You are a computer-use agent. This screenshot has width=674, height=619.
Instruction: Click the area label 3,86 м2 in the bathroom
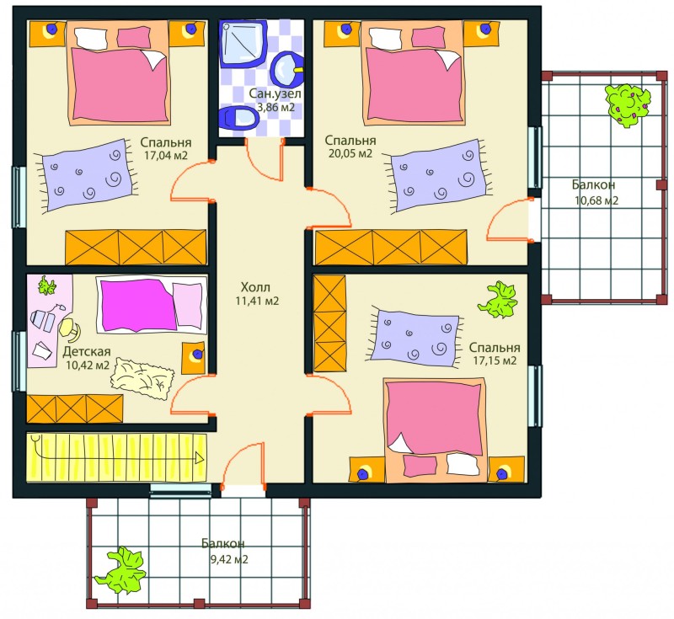pyautogui.click(x=275, y=108)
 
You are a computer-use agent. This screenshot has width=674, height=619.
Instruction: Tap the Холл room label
pyautogui.click(x=255, y=287)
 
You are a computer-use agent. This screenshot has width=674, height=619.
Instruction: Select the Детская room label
pyautogui.click(x=87, y=352)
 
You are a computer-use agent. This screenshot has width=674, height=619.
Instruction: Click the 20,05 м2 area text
pyautogui.click(x=350, y=153)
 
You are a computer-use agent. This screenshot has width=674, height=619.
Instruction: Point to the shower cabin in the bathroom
pyautogui.click(x=243, y=44)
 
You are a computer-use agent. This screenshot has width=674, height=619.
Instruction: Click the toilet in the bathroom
pyautogui.click(x=238, y=117)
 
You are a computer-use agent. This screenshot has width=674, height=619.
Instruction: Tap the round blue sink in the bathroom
pyautogui.click(x=287, y=69)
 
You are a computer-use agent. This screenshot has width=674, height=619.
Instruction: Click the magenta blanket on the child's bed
pyautogui.click(x=137, y=305)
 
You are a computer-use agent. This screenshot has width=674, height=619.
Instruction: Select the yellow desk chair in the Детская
pyautogui.click(x=70, y=328)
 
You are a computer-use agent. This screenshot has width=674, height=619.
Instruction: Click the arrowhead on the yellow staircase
pyautogui.click(x=200, y=458)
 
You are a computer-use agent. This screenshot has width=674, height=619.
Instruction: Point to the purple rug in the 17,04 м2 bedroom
pyautogui.click(x=88, y=175)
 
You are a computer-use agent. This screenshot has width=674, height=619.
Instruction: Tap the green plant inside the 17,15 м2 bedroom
pyautogui.click(x=498, y=300)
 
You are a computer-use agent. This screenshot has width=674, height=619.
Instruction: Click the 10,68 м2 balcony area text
pyautogui.click(x=596, y=200)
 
